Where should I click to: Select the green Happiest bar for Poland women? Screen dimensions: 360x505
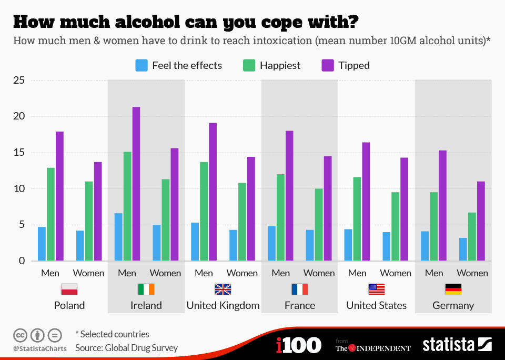coord(89,221)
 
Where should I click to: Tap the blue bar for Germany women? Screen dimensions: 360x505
coord(463,249)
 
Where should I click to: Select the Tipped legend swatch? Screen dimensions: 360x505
coord(328,65)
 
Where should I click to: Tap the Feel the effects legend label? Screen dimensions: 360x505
coord(187,65)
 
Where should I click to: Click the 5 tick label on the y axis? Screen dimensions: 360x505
coord(21,225)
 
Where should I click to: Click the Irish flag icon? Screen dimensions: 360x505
coord(146,289)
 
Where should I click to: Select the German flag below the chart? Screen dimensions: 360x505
coord(453,289)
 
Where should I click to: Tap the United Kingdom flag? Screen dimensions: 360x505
coord(223,289)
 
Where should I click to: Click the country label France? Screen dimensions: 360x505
coord(300,305)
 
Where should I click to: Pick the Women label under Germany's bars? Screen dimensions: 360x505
coord(472,273)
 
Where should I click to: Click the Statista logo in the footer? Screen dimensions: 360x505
coord(457,345)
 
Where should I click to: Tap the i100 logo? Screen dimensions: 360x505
coord(298,345)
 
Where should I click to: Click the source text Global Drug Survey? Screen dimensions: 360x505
coord(142,348)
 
